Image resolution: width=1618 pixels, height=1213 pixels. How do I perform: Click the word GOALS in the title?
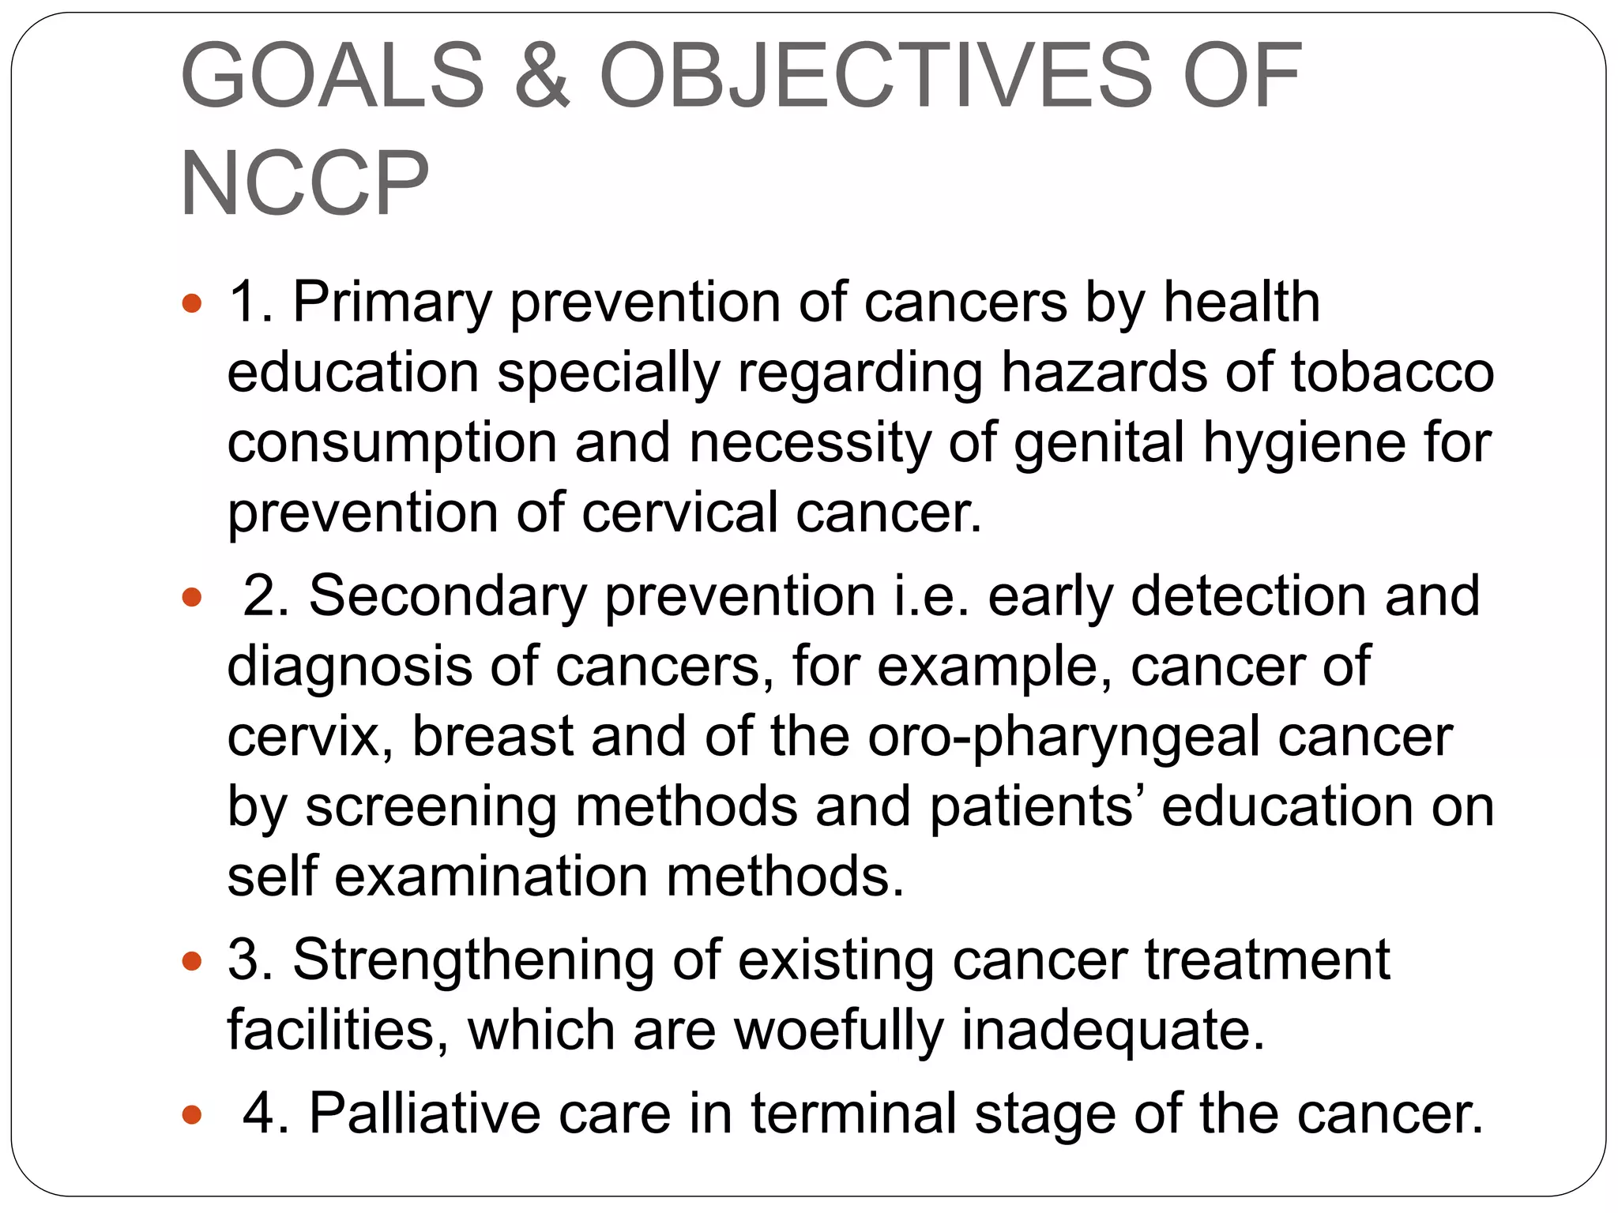(x=333, y=77)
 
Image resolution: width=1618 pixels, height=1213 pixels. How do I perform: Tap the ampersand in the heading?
(x=542, y=77)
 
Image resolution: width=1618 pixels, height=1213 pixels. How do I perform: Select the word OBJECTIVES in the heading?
(x=876, y=77)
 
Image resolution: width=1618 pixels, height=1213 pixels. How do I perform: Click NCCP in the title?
(x=305, y=184)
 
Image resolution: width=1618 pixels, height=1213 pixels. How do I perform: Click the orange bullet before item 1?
(x=192, y=303)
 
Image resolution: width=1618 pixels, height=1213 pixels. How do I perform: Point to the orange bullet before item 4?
(x=192, y=1115)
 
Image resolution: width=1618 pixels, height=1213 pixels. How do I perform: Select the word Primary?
(x=392, y=303)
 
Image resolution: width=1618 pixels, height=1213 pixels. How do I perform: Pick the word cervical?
(x=680, y=512)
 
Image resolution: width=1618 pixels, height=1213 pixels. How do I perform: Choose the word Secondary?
(x=447, y=596)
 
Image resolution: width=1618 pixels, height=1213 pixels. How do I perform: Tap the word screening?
(x=431, y=807)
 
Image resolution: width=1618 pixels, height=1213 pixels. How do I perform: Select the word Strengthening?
(x=473, y=961)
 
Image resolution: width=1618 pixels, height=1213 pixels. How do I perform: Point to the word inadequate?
(x=1112, y=1031)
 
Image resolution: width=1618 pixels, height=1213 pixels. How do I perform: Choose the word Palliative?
(x=424, y=1114)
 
